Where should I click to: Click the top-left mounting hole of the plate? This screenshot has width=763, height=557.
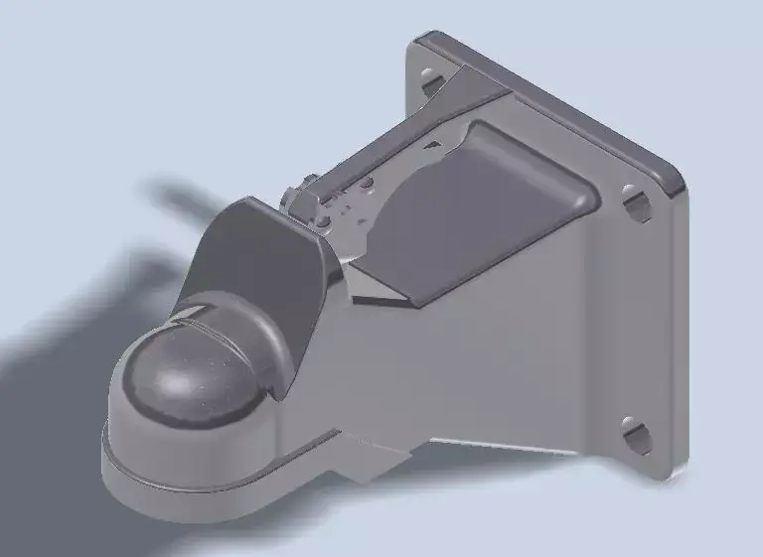point(430,76)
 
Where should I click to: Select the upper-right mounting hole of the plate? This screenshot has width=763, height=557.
point(635,199)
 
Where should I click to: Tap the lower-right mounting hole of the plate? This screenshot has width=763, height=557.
point(636,433)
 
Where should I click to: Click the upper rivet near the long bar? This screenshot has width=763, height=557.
point(367,185)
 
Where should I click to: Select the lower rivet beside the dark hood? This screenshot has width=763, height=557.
point(323,220)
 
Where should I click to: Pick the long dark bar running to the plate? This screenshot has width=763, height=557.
point(397,149)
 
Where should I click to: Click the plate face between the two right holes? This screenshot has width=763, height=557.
point(641,318)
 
